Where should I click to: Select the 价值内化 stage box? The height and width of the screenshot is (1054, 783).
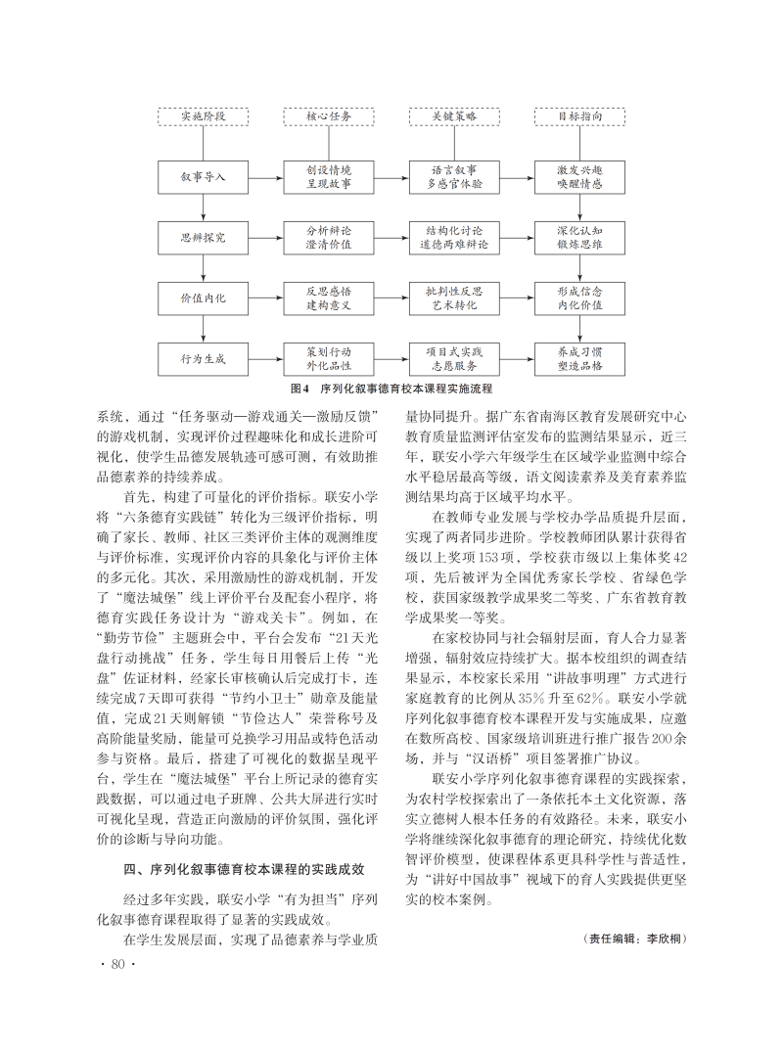(x=203, y=298)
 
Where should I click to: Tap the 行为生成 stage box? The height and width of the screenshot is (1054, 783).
(x=203, y=358)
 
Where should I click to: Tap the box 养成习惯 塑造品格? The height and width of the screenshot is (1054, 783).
(x=579, y=358)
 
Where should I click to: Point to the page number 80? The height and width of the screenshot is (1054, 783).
(x=115, y=966)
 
